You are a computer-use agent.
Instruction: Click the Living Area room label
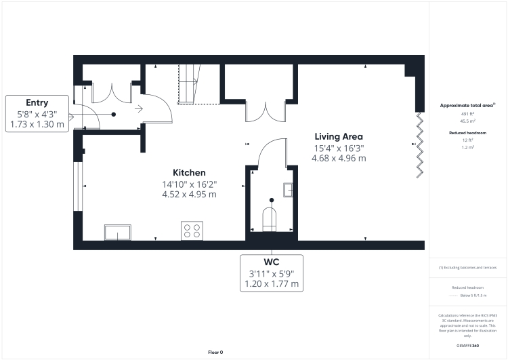click(338, 136)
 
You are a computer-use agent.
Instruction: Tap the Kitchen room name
click(189, 173)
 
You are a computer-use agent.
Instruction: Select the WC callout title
click(272, 261)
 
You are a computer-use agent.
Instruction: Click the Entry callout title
click(37, 102)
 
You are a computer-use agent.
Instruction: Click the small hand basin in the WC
click(289, 189)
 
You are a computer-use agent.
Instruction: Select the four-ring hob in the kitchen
click(191, 231)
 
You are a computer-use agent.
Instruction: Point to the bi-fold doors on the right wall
click(419, 144)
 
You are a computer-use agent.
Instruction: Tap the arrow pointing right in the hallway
click(139, 107)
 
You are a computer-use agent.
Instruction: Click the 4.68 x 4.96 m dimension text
click(338, 158)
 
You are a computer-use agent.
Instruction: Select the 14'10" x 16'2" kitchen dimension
click(189, 184)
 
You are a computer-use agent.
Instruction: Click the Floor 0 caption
click(215, 352)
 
